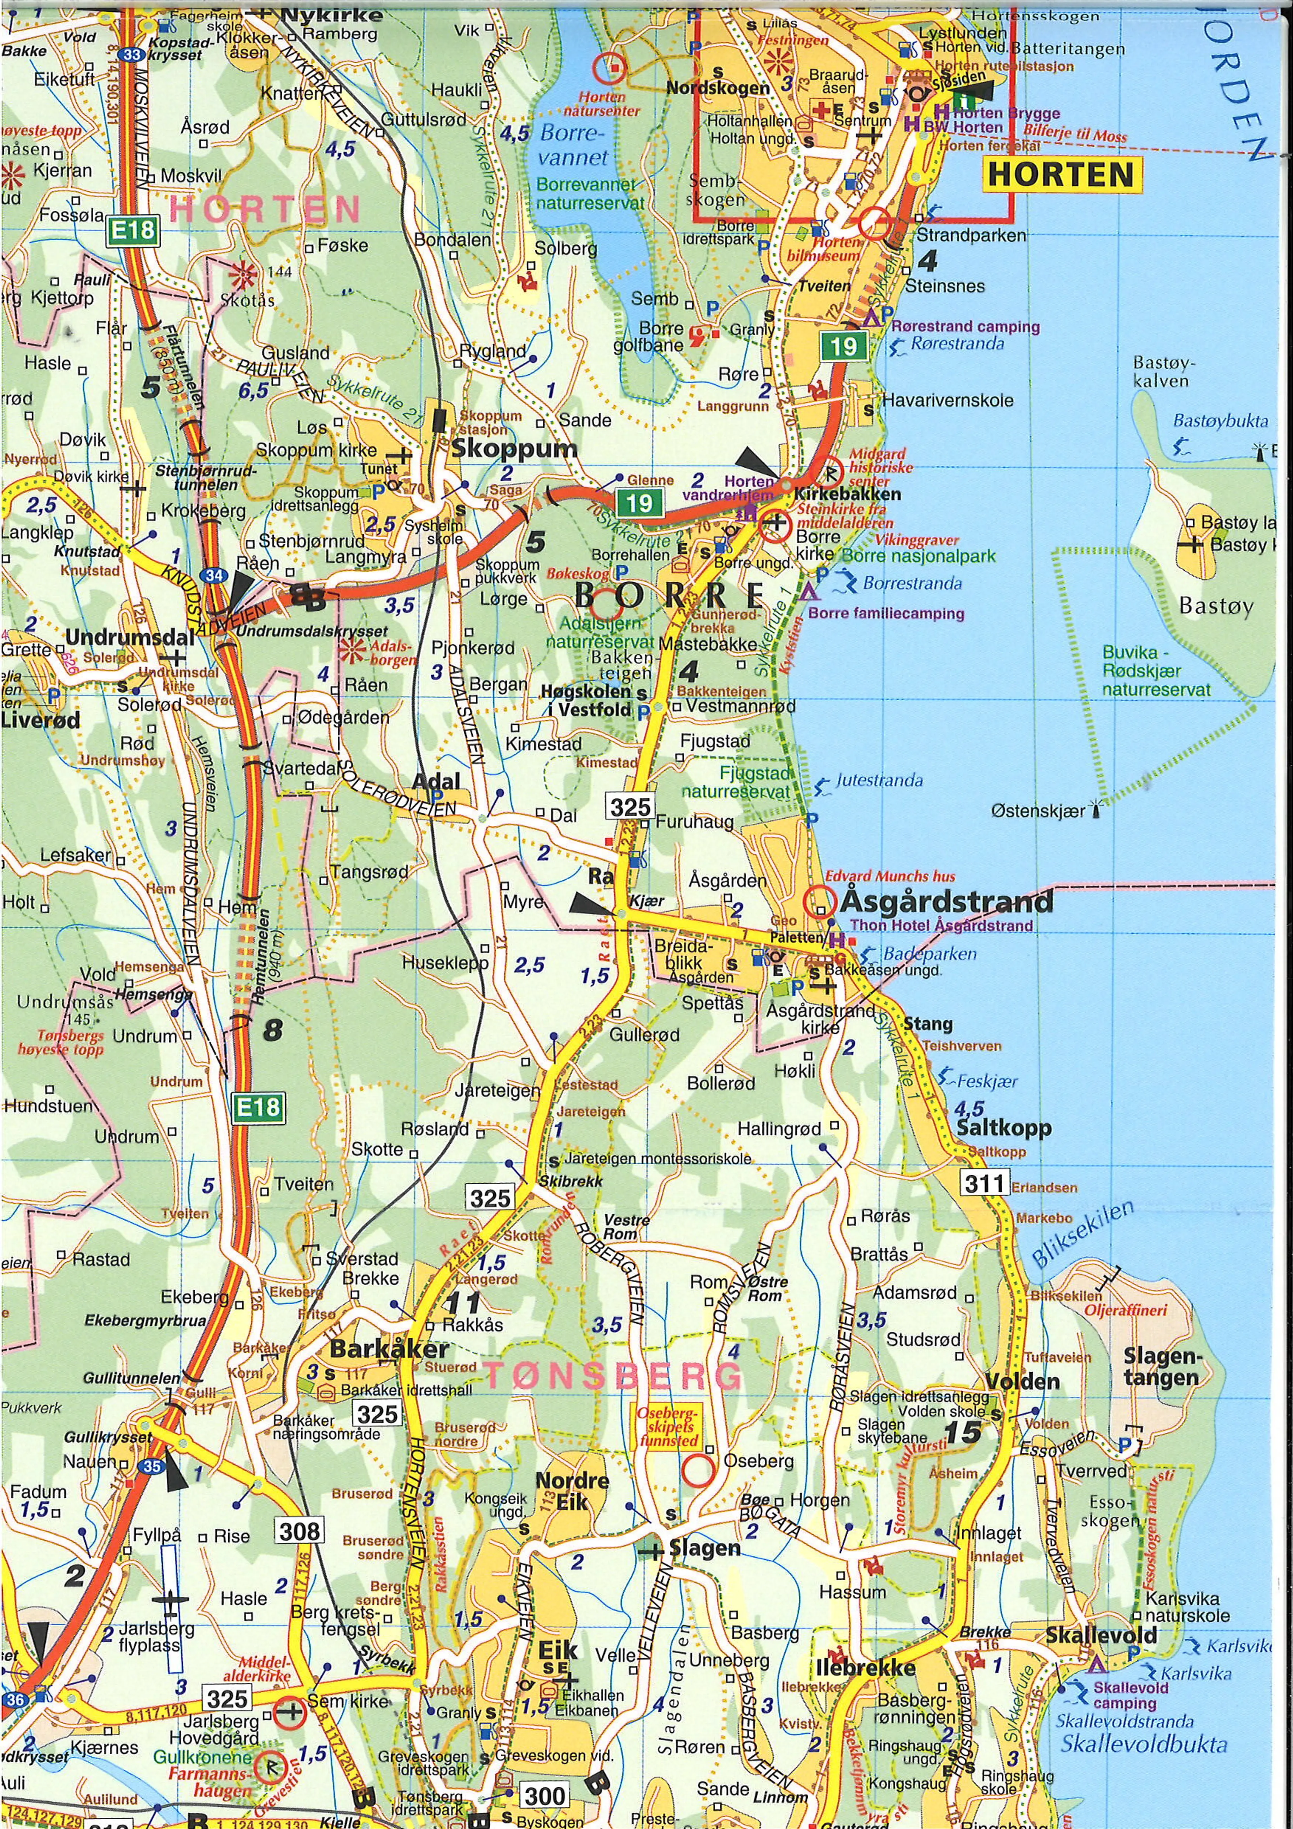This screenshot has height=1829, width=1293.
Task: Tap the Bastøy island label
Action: (1217, 606)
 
